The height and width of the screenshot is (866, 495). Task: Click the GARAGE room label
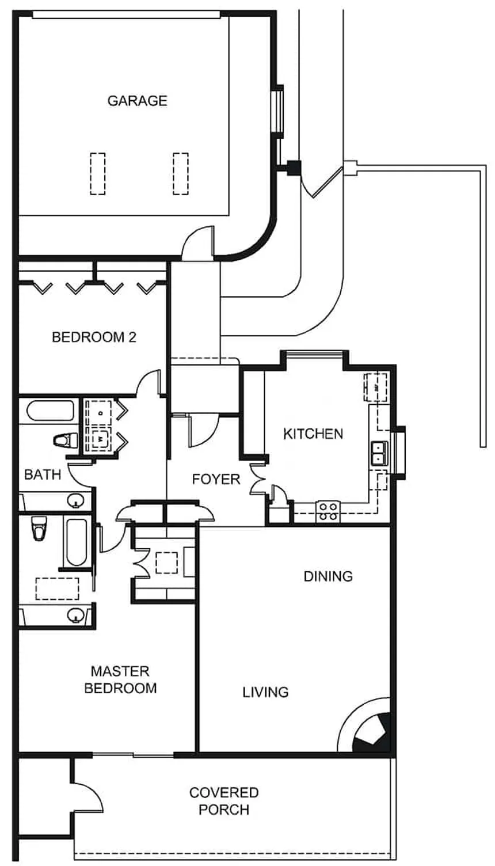137,101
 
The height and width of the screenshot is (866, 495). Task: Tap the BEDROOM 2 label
94,337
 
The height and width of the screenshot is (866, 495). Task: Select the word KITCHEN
313,434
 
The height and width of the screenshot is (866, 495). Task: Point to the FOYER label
216,479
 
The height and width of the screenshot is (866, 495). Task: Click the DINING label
328,576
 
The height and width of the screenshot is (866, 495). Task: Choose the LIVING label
265,692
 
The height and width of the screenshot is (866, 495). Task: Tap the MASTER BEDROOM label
120,679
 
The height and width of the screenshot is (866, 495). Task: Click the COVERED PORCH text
224,801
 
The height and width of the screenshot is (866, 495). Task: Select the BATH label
43,474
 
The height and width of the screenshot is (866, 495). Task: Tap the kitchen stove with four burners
328,511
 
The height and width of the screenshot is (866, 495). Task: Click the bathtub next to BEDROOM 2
49,411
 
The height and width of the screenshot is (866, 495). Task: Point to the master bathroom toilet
39,529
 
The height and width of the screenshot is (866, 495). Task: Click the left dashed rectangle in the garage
98,174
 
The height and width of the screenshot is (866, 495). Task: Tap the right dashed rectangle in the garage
181,174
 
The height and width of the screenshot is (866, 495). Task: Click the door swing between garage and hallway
197,242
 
